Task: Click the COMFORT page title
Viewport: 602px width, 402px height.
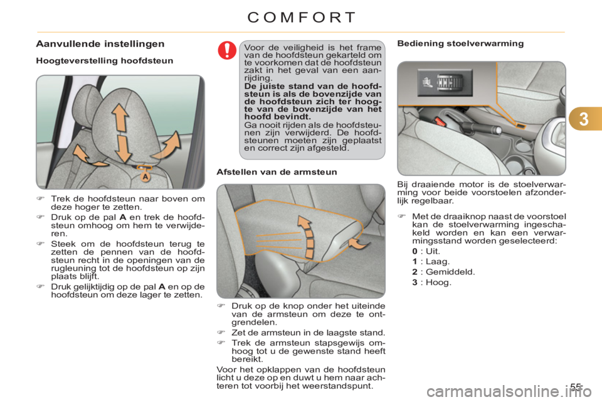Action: point(302,18)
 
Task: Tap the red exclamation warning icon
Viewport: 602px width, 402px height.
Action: point(227,50)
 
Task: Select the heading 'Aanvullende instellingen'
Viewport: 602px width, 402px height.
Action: point(100,44)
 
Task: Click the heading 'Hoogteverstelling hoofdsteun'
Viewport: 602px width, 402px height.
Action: point(105,61)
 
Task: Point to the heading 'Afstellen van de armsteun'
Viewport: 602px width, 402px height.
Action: point(277,172)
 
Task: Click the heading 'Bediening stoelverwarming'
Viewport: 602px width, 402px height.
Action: point(460,43)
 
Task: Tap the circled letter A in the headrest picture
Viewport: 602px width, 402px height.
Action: point(145,177)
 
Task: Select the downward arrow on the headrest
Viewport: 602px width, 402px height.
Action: point(124,148)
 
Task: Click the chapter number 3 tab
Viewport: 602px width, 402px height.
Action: point(584,119)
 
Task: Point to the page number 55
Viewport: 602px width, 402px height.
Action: point(575,387)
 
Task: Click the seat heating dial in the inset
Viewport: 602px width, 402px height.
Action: point(449,82)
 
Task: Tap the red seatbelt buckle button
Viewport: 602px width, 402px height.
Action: point(440,122)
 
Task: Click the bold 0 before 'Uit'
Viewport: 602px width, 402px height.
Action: point(415,252)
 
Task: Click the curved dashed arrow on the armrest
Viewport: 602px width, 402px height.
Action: point(307,236)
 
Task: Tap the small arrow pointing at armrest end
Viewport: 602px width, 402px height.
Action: point(359,244)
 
